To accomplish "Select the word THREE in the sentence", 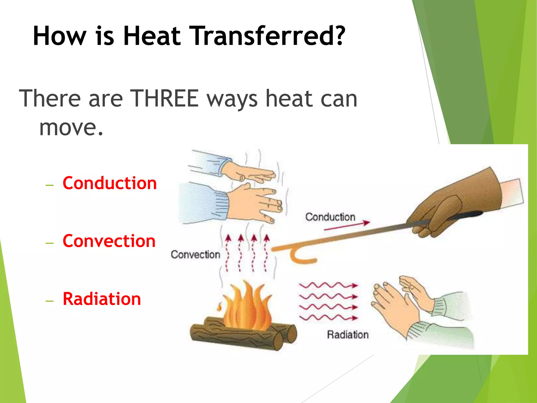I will pos(164,98).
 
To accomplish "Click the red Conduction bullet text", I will pos(110,183).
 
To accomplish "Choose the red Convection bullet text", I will pos(109,241).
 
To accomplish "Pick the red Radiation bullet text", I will pos(102,299).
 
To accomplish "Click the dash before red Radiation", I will pos(50,301).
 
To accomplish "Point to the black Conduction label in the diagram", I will pos(330,217).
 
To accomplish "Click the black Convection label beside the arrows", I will pos(195,254).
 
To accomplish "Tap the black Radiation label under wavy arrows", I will pos(348,335).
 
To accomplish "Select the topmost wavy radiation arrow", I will pos(328,285).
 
